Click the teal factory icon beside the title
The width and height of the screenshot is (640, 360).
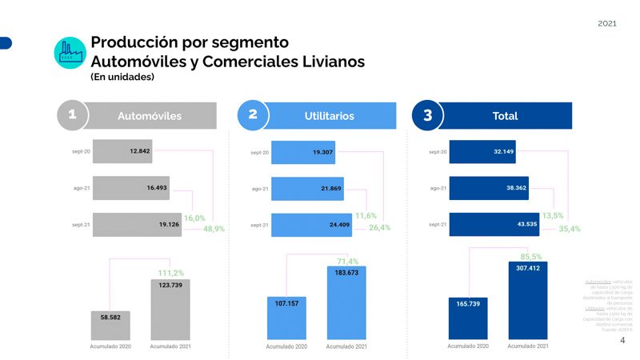click(70, 53)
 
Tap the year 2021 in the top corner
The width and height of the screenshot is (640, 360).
click(607, 23)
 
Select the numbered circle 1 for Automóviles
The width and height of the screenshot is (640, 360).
click(72, 115)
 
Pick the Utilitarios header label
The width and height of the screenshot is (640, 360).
click(329, 116)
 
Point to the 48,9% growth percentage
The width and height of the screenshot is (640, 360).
click(214, 229)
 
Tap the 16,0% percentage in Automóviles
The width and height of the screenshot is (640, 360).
click(194, 218)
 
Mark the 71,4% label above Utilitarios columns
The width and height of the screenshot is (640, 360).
click(347, 262)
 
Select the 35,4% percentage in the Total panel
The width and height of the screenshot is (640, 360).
click(570, 229)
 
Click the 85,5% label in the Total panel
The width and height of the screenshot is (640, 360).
click(531, 257)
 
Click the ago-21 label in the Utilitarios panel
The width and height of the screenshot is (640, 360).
click(260, 190)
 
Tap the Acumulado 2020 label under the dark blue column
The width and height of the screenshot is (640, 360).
click(468, 346)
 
